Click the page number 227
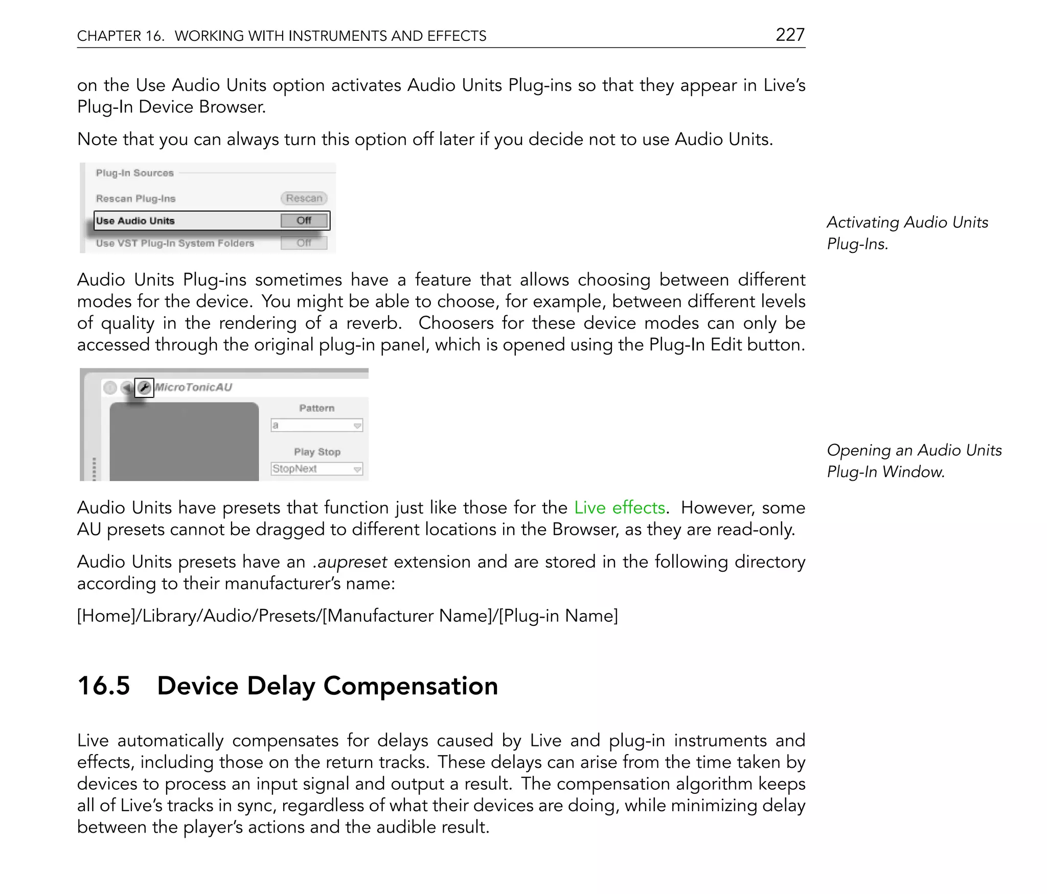pyautogui.click(x=790, y=35)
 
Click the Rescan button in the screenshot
pyautogui.click(x=304, y=198)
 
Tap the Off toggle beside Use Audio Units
pyautogui.click(x=304, y=221)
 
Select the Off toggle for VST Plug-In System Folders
pyautogui.click(x=304, y=243)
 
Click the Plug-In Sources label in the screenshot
pyautogui.click(x=134, y=173)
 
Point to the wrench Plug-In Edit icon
pyautogui.click(x=144, y=388)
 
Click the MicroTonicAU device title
pyautogui.click(x=193, y=387)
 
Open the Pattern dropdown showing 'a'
pyautogui.click(x=316, y=426)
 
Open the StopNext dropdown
pyautogui.click(x=316, y=469)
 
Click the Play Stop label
pyautogui.click(x=317, y=452)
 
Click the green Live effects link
pyautogui.click(x=619, y=508)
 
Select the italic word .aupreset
pyautogui.click(x=350, y=562)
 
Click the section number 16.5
pyautogui.click(x=104, y=686)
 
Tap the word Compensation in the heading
pyautogui.click(x=410, y=686)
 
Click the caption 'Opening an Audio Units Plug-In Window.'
pyautogui.click(x=914, y=461)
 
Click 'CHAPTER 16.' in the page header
pyautogui.click(x=121, y=36)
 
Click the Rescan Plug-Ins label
pyautogui.click(x=135, y=199)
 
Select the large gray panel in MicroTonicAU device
pyautogui.click(x=184, y=441)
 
